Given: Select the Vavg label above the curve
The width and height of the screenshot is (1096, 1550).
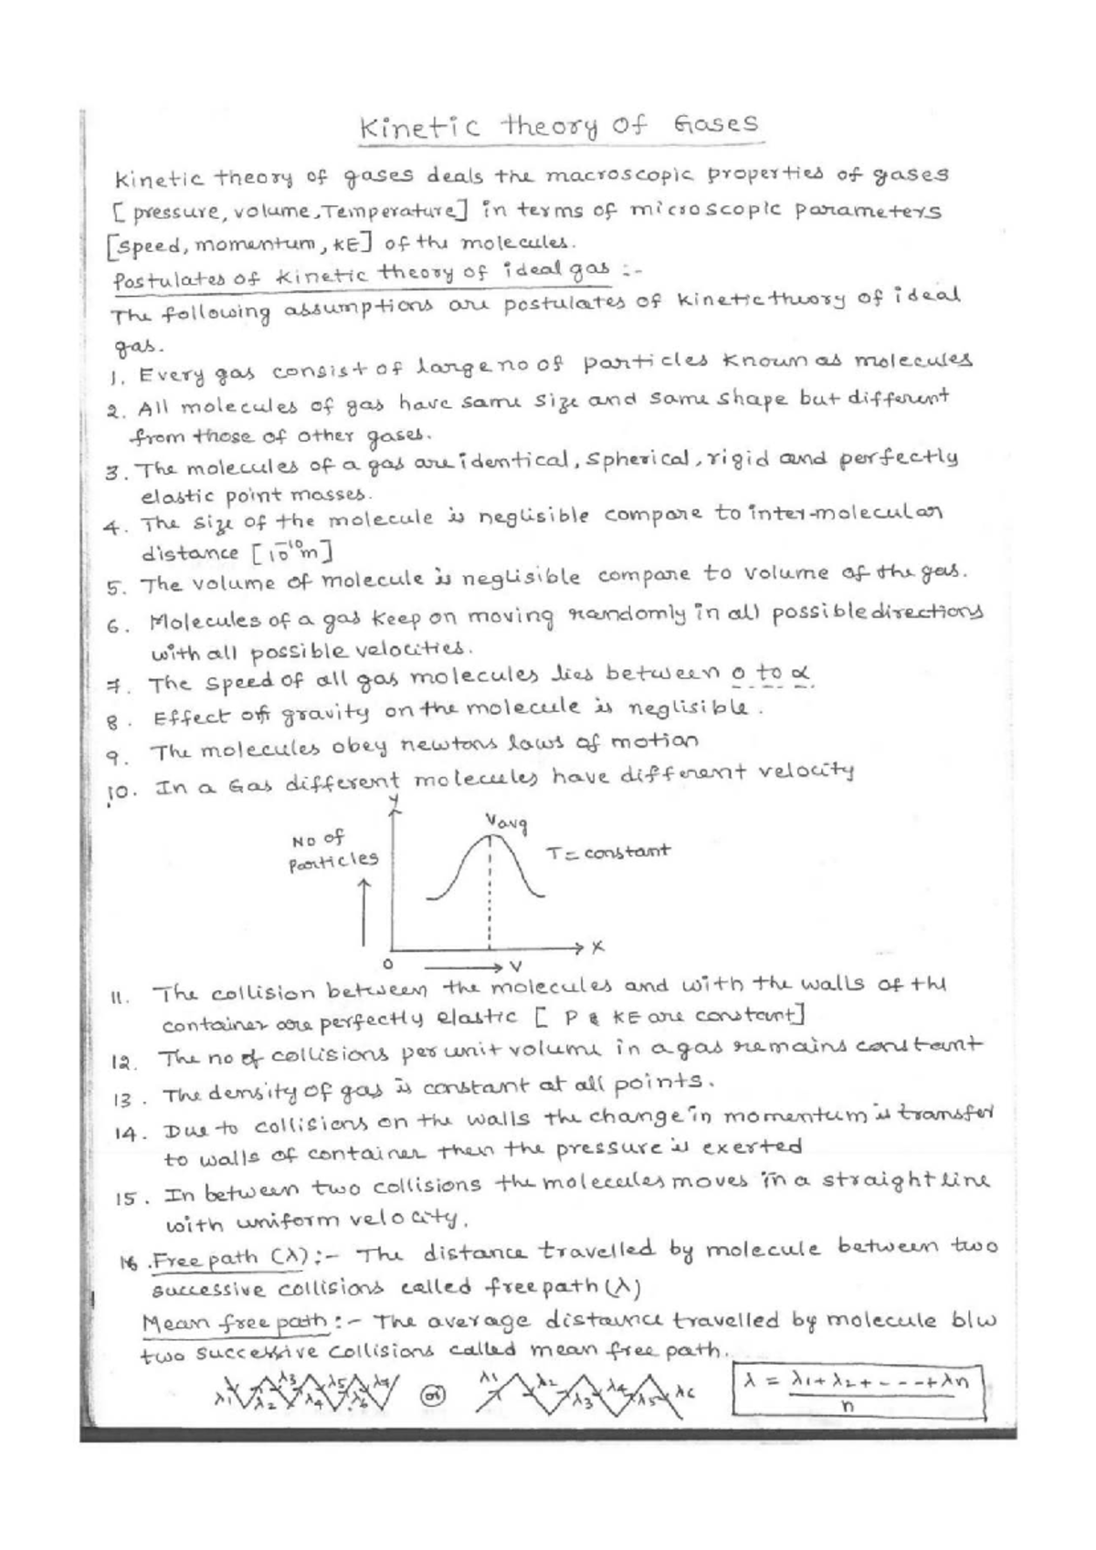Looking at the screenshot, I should pyautogui.click(x=508, y=824).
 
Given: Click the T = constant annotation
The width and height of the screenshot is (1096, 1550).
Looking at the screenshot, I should pyautogui.click(x=608, y=853).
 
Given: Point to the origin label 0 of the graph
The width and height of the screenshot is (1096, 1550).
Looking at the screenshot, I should pyautogui.click(x=388, y=963).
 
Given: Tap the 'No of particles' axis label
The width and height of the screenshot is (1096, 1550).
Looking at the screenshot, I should pyautogui.click(x=332, y=849).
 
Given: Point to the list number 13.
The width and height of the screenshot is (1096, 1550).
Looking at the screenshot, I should pyautogui.click(x=123, y=1099).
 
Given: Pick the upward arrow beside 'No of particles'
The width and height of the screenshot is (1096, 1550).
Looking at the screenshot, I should pyautogui.click(x=364, y=913).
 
